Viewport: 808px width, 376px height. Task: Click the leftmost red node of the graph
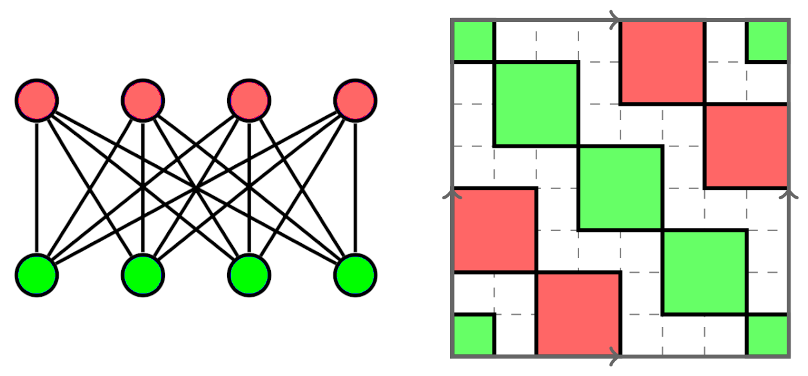click(37, 101)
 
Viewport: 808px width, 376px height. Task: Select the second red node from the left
click(143, 101)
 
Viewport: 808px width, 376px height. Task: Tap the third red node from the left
click(249, 101)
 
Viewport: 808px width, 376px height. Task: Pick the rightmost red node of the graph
click(355, 101)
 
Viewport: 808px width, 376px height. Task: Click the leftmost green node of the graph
click(37, 275)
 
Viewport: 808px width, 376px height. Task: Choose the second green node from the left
click(143, 275)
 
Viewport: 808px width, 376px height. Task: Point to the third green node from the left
click(249, 275)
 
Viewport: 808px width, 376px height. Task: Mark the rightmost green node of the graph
click(355, 275)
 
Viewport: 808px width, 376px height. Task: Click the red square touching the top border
click(662, 62)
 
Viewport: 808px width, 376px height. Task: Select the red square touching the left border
click(495, 230)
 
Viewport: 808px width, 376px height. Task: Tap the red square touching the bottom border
click(578, 313)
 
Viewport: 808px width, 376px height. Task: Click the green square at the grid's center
click(620, 188)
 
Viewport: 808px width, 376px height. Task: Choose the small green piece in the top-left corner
click(473, 41)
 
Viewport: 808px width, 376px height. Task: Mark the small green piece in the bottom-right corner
click(767, 335)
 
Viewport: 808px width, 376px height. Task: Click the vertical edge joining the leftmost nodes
click(37, 188)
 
